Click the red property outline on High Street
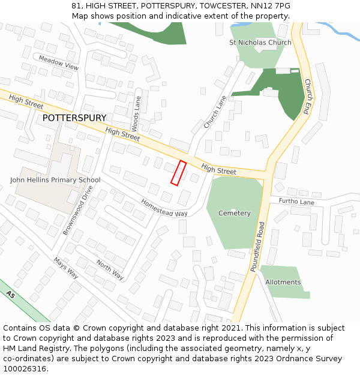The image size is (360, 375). tap(178, 173)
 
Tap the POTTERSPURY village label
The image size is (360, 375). tap(74, 118)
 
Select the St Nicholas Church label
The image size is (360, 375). tap(260, 43)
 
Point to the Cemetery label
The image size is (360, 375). tap(234, 213)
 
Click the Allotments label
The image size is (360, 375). tap(283, 282)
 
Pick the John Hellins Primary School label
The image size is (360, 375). tap(55, 180)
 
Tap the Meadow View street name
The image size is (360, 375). tap(59, 63)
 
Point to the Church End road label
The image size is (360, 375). tap(307, 97)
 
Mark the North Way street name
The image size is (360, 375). tap(110, 270)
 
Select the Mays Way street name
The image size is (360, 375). tap(66, 268)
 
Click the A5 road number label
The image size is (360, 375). tap(10, 295)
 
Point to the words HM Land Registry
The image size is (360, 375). tap(34, 348)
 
